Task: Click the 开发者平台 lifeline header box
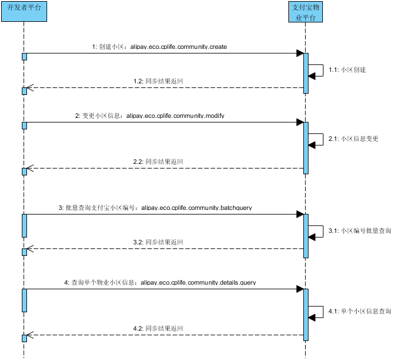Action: pos(24,12)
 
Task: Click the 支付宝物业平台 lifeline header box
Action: pos(306,12)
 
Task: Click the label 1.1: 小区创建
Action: pos(347,70)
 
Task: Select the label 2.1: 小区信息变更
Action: pos(353,139)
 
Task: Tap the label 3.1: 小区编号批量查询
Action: pos(360,231)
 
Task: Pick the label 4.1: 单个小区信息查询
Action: pos(360,311)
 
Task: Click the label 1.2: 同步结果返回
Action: pos(158,81)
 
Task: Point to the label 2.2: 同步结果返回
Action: pos(158,162)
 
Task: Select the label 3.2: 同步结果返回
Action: pos(158,242)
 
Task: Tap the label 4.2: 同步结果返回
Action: pos(158,328)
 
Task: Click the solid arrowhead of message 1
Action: pos(300,53)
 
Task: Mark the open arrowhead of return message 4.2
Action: pos(30,335)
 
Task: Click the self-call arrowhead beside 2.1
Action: pos(312,145)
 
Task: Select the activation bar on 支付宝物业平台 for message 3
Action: pos(306,236)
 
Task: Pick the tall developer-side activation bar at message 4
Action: pos(24,300)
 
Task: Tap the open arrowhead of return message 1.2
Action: pos(30,88)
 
